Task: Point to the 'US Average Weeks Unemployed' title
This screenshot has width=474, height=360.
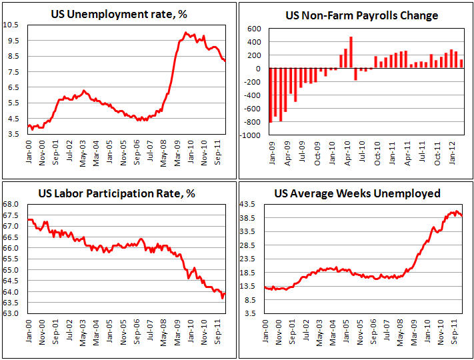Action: pos(357,194)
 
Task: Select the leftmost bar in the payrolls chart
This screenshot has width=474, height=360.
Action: pos(270,95)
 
